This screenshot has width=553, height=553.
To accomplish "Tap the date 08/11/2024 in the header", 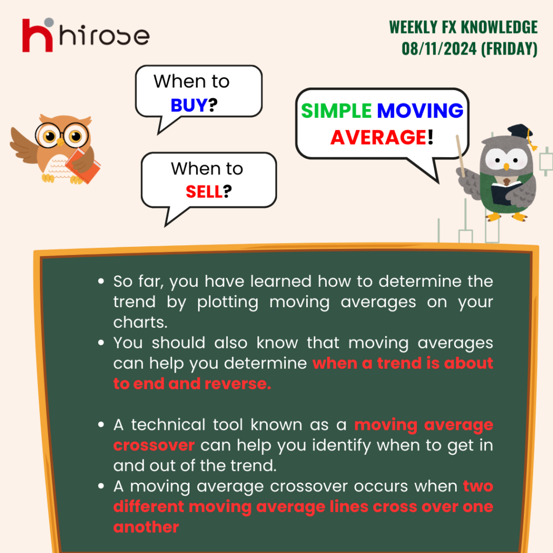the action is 439,49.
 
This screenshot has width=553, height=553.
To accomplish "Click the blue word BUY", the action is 189,105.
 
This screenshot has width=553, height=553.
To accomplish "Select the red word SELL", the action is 204,192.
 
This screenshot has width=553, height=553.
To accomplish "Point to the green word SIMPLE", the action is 336,111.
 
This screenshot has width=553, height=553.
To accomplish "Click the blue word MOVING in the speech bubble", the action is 420,111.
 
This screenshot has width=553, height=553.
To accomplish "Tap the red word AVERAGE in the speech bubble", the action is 379,137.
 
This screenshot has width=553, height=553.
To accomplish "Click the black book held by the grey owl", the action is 505,193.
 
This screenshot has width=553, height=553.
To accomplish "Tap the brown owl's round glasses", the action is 62,136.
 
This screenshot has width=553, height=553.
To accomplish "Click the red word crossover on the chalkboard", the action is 154,446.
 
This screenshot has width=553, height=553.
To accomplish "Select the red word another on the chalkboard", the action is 146,527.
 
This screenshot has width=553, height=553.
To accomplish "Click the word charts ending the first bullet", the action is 140,322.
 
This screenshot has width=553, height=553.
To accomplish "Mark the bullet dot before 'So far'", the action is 101,281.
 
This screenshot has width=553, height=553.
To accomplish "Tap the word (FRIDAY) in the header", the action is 509,49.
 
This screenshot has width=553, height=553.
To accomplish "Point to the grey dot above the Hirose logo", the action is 49,22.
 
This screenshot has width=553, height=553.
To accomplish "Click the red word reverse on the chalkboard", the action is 238,384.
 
